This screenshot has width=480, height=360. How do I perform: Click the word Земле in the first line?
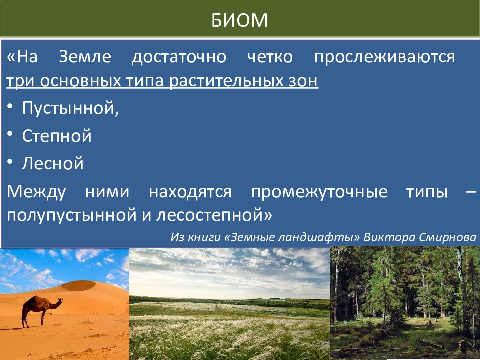[85, 56]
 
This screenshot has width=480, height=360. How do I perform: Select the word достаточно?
[179, 57]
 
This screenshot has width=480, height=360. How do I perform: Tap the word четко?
[270, 57]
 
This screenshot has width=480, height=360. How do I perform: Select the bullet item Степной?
[57, 136]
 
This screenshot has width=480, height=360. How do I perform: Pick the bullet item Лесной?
[53, 163]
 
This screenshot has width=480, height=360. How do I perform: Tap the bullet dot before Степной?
[10, 134]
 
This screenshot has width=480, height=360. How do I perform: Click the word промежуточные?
[319, 192]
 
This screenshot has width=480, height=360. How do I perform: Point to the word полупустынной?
[72, 215]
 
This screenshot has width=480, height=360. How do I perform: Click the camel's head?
[60, 301]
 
